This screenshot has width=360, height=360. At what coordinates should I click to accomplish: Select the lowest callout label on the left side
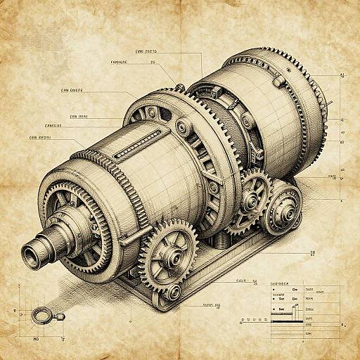point(40,137)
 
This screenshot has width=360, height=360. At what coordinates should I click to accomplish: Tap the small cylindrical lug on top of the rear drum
point(180,86)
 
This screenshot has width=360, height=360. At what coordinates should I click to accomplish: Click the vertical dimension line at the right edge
point(342,141)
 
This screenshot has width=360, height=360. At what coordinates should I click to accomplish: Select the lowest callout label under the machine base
point(212,305)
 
